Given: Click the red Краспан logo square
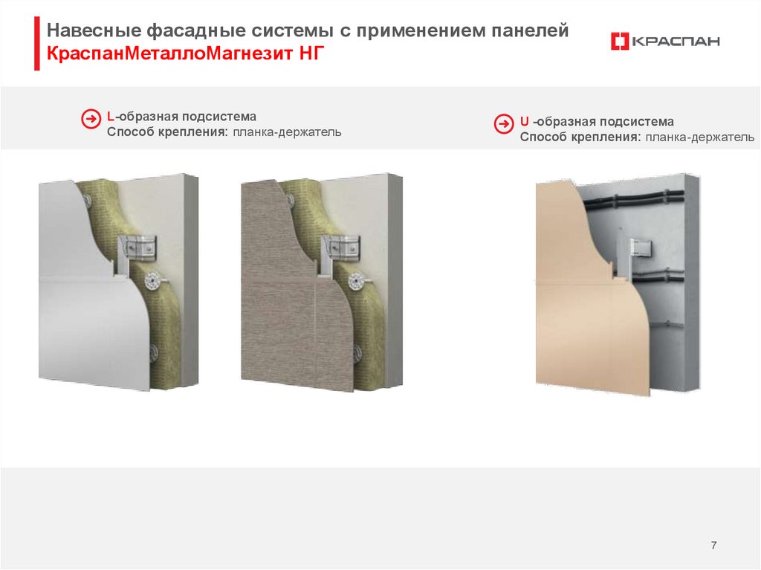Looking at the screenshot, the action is click(x=620, y=42).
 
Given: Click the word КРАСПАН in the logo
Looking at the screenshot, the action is click(x=676, y=42).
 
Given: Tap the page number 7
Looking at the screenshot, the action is click(x=713, y=545).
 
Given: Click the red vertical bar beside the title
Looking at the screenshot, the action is click(x=37, y=43).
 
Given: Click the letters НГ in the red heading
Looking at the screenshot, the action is click(x=311, y=53).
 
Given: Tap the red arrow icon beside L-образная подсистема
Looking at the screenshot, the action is click(x=91, y=119).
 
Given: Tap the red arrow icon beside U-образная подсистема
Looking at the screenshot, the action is click(x=504, y=124).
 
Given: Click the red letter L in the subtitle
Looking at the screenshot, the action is click(x=111, y=117).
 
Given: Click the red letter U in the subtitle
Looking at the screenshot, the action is click(x=524, y=121).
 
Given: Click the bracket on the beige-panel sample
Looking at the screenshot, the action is click(x=641, y=249).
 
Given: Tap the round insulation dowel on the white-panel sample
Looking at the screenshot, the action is click(x=153, y=281).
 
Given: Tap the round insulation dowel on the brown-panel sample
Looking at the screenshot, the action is click(x=357, y=281).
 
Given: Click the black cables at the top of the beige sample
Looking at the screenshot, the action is click(x=633, y=200).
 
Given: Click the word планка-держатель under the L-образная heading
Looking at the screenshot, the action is click(x=288, y=132).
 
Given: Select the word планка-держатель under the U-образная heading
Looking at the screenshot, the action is click(x=700, y=137).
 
